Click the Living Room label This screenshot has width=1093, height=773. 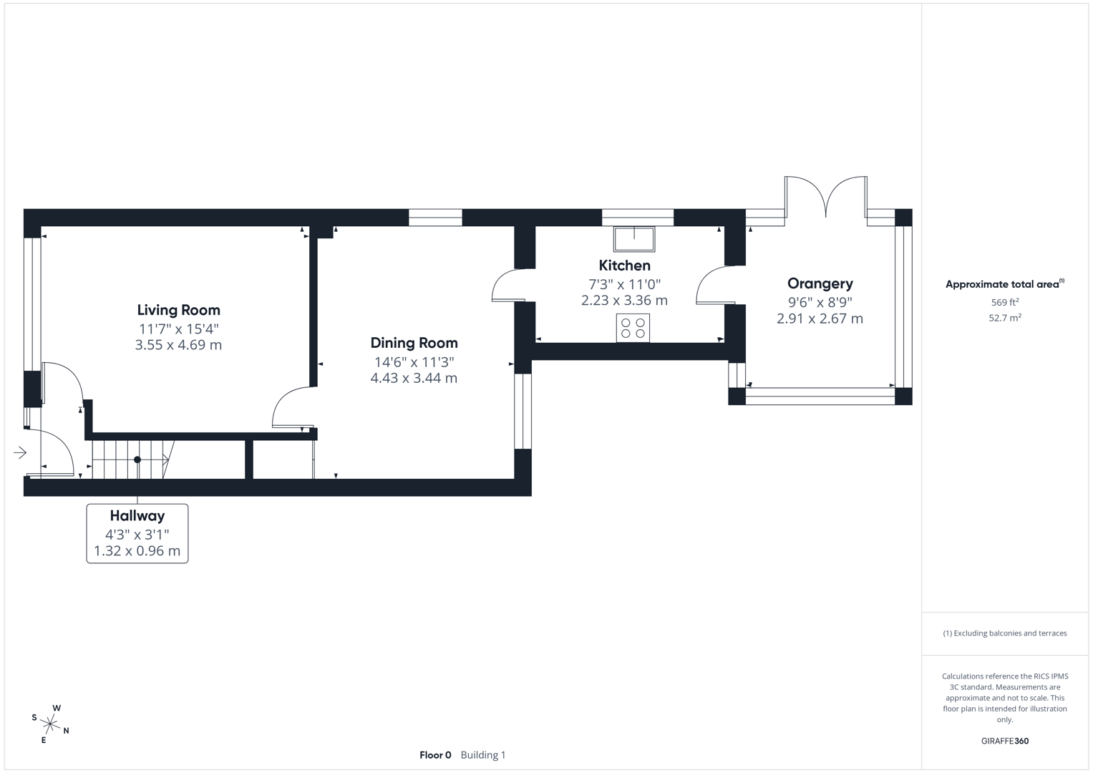click(178, 310)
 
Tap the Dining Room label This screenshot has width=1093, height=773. click(414, 343)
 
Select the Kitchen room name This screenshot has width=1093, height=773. click(624, 266)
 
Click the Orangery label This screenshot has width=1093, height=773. click(820, 283)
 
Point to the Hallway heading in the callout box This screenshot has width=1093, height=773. click(137, 515)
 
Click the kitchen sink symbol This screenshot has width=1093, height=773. click(634, 239)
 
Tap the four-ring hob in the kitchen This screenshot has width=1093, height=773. click(633, 328)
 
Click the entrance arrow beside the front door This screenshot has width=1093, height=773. click(19, 452)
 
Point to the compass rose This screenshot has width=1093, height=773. click(50, 724)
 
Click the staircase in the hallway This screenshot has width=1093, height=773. click(132, 460)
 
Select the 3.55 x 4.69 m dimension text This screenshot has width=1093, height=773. click(178, 345)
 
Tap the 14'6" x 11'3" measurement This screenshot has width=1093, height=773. click(414, 362)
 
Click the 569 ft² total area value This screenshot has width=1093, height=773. click(1004, 303)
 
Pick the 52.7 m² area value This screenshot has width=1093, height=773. click(1004, 318)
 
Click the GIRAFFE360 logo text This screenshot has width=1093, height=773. click(1004, 741)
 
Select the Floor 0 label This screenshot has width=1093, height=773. click(435, 755)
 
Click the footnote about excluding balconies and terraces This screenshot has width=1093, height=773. click(1004, 633)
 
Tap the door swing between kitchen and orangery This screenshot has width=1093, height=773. click(712, 285)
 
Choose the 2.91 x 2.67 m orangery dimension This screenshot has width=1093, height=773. click(820, 319)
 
